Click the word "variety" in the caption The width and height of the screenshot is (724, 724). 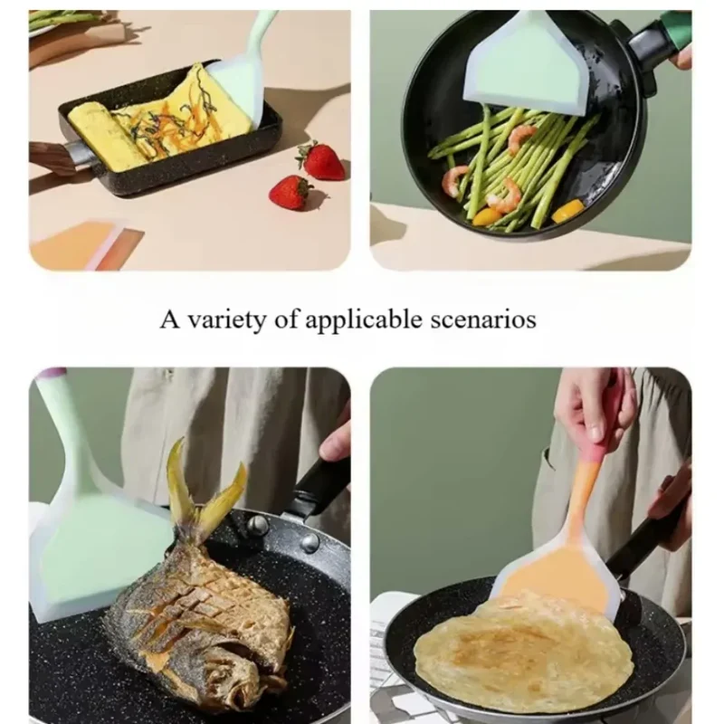tap(227, 319)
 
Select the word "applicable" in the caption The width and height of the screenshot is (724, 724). tap(364, 319)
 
